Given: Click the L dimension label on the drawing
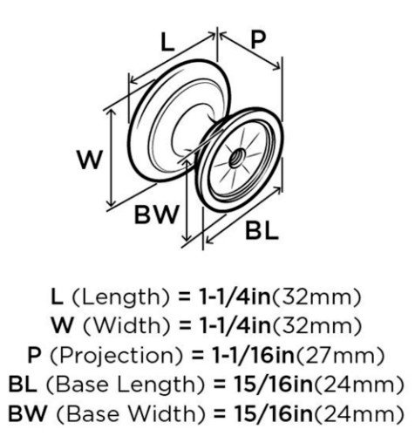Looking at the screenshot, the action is click(x=167, y=44).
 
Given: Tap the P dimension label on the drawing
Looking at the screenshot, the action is click(x=258, y=39).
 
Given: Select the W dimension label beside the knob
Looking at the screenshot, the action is click(x=90, y=160).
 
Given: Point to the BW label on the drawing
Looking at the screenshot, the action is click(x=156, y=215).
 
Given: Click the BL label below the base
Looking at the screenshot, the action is click(x=262, y=230).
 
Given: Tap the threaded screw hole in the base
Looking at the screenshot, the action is click(x=236, y=157).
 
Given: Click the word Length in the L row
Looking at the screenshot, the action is click(x=120, y=297).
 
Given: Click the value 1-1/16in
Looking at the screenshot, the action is click(x=253, y=355).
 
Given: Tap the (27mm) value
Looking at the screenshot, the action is click(x=339, y=356).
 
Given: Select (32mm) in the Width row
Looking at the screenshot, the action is click(x=316, y=326).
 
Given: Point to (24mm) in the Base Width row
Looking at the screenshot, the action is click(x=358, y=414).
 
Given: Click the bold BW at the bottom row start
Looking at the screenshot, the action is click(x=28, y=414).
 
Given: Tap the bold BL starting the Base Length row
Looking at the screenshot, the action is click(x=23, y=385).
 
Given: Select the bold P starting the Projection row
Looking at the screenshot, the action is click(x=35, y=355).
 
